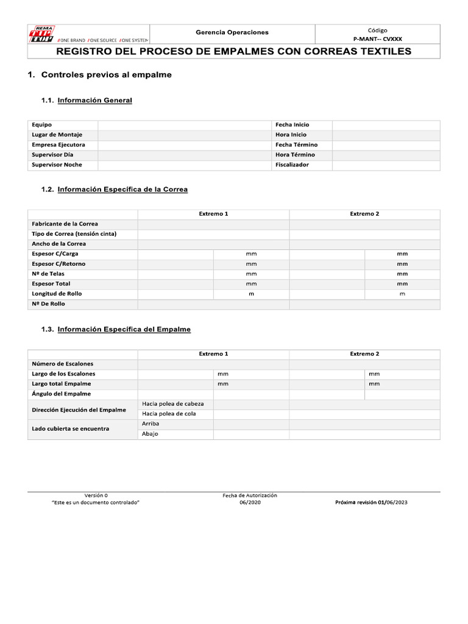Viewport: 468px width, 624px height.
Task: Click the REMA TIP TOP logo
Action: tap(43, 34)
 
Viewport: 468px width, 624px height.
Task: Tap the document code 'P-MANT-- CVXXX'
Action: tap(377, 38)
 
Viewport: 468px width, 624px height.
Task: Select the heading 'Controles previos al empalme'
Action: tap(106, 75)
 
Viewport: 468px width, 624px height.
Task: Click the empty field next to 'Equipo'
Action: tap(185, 124)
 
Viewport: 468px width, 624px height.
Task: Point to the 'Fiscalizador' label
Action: tap(292, 165)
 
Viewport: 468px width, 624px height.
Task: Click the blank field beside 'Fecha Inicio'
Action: tap(385, 124)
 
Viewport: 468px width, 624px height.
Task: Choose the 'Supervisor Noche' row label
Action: tap(57, 165)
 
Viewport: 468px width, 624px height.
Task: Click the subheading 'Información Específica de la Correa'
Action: tap(122, 190)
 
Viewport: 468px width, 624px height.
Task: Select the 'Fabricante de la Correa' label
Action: tap(65, 224)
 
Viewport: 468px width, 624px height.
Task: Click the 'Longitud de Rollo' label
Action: tap(57, 294)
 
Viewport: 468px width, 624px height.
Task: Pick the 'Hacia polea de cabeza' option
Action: tap(173, 404)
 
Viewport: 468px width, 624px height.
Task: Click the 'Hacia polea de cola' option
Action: tap(169, 414)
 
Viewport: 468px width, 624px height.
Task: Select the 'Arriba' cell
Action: tap(151, 424)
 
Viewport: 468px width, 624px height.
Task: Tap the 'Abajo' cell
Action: tap(150, 434)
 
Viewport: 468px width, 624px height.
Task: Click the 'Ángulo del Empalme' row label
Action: tap(61, 394)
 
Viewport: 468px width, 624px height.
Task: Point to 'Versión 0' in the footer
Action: tap(96, 495)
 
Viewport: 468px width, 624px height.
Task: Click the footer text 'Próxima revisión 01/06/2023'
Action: tap(372, 503)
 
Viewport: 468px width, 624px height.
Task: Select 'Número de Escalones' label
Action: tap(62, 364)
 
